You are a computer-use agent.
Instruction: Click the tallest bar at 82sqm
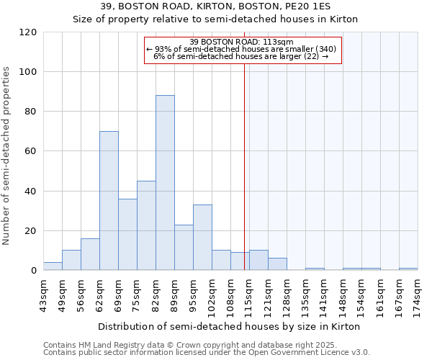click(165, 183)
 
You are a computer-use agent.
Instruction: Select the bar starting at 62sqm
click(109, 201)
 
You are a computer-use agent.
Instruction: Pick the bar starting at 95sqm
click(202, 238)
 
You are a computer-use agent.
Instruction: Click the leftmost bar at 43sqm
click(53, 266)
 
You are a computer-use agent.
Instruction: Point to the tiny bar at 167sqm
click(408, 269)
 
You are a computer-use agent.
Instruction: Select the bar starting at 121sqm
click(277, 264)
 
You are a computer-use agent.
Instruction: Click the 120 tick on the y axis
click(28, 32)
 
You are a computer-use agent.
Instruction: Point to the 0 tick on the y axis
click(34, 271)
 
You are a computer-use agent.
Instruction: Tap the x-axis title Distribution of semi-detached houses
click(229, 326)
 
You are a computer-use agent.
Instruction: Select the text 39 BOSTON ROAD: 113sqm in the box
click(242, 42)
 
